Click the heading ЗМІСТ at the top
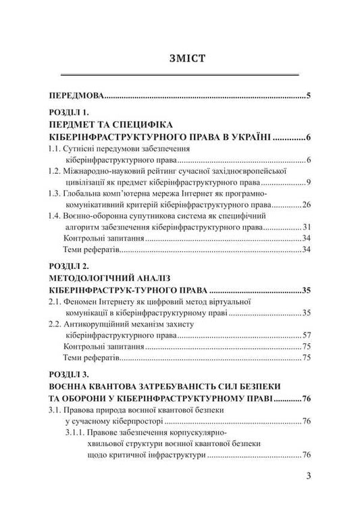tap(180, 57)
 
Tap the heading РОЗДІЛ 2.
tap(74, 267)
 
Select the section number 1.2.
tap(55, 171)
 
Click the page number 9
tap(308, 182)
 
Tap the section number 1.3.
tap(55, 193)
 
